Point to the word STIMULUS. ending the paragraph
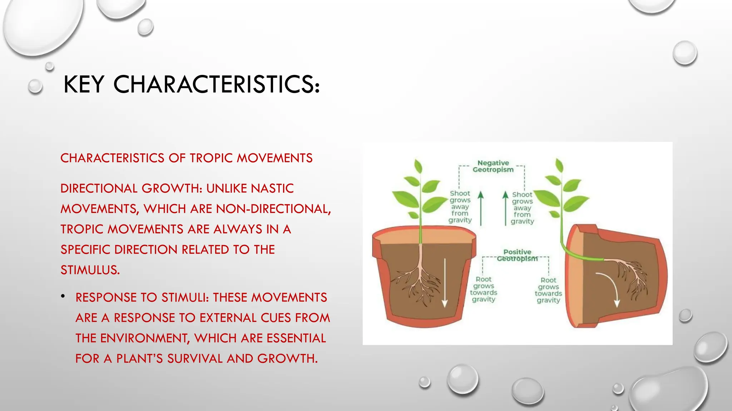pos(90,270)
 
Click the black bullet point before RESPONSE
pos(63,296)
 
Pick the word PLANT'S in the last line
pos(139,359)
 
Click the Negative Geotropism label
pos(493,166)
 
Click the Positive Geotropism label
pos(517,255)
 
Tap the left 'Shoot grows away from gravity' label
pos(460,207)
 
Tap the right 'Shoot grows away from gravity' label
pos(522,208)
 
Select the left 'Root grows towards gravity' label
pos(484,289)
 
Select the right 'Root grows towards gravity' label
pos(548,290)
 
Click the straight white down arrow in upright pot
pos(445,282)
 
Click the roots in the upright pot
pos(418,282)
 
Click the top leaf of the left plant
pos(417,167)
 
